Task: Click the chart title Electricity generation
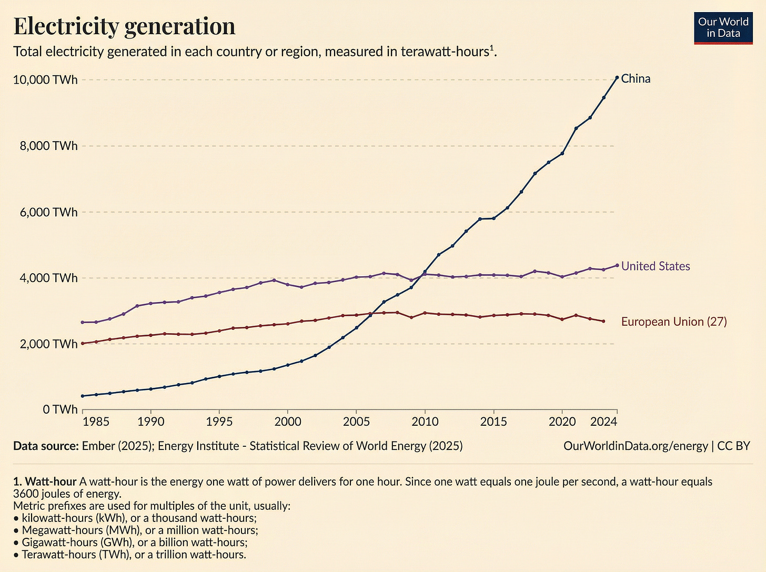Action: point(124,26)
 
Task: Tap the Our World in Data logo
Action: point(723,27)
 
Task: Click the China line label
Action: point(636,79)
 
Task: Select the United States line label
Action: point(656,266)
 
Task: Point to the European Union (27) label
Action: point(674,322)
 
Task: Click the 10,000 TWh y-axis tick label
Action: point(45,80)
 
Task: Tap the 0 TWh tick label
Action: point(60,409)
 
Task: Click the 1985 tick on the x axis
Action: point(96,422)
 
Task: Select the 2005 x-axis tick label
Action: point(356,422)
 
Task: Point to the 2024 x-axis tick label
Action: point(603,422)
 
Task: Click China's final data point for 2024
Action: point(617,77)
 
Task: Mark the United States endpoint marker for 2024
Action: point(617,265)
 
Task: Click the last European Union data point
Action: point(603,321)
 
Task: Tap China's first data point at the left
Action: point(83,396)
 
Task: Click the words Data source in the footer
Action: point(46,446)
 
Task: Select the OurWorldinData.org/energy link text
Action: point(636,446)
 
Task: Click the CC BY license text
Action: point(733,446)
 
